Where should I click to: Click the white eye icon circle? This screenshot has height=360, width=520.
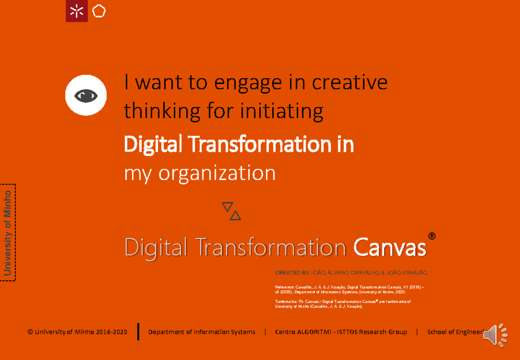point(86,95)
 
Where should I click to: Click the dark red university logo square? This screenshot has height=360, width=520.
point(77,11)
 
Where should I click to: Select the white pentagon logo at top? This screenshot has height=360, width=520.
point(99,11)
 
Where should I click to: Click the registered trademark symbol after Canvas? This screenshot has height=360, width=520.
point(432,236)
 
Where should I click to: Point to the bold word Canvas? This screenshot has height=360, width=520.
point(389,248)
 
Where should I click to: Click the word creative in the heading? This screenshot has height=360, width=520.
point(350,82)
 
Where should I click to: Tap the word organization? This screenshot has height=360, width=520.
point(217,173)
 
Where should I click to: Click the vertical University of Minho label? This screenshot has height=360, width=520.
point(7,233)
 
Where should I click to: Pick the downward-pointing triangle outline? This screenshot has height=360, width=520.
point(227,207)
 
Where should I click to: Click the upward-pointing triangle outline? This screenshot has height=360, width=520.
point(235,215)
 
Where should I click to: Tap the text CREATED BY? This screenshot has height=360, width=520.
point(292,273)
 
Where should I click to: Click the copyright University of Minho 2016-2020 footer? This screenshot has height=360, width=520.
point(78,332)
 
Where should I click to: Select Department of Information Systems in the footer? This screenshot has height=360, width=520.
point(201,332)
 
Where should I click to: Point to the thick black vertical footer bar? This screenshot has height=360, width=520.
point(138,331)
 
